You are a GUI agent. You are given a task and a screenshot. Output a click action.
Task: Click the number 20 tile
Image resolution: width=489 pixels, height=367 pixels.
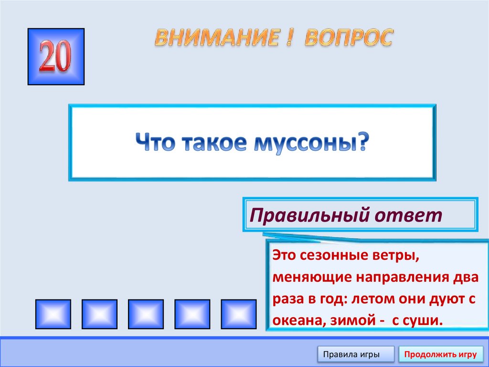[x=56, y=56]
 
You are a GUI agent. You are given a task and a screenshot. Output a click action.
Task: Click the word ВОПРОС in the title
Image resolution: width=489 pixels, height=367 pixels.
[x=349, y=37]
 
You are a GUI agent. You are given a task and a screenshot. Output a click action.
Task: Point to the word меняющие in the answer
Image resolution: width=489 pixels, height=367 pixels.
[x=306, y=277]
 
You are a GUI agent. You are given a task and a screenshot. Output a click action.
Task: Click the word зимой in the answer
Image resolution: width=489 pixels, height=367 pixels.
[x=350, y=320]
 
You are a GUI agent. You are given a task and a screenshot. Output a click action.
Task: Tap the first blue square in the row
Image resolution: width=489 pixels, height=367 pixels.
[x=53, y=314]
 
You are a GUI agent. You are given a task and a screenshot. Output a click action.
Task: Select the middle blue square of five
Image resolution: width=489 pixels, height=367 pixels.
[x=146, y=314]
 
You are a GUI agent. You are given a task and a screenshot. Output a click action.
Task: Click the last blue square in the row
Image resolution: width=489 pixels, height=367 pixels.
[x=239, y=314]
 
